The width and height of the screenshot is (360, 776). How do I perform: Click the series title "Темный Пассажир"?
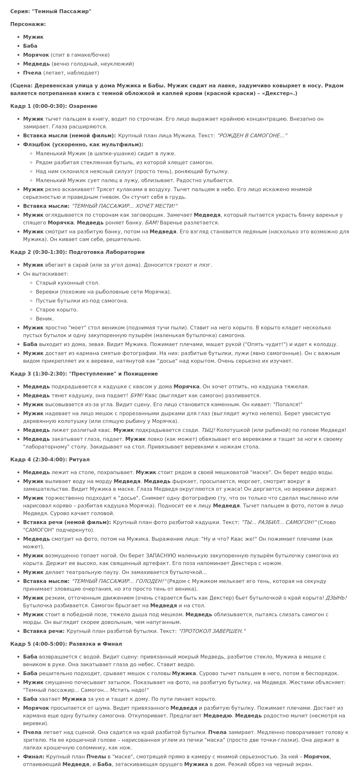[61, 12]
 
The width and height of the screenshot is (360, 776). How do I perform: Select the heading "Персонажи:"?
[28, 24]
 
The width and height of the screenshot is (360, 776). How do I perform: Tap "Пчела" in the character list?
[32, 73]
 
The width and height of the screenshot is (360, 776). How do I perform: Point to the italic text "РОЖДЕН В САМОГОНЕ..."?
[252, 136]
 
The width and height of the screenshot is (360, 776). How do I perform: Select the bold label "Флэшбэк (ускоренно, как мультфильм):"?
[83, 145]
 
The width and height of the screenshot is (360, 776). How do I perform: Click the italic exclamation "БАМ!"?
[152, 223]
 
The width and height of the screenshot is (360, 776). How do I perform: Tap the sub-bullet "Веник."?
[45, 319]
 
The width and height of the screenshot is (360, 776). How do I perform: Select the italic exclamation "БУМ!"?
[137, 396]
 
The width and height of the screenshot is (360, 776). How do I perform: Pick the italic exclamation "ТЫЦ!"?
[208, 430]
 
